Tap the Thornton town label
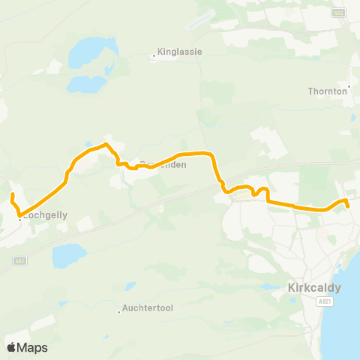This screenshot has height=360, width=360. click(x=327, y=91)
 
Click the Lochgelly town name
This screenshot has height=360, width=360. click(x=46, y=214)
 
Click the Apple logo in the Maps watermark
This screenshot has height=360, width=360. click(x=11, y=347)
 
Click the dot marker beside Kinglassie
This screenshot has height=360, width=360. click(x=153, y=55)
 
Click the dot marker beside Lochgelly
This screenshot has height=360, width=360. click(x=20, y=220)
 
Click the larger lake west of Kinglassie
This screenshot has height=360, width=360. click(x=84, y=54)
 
